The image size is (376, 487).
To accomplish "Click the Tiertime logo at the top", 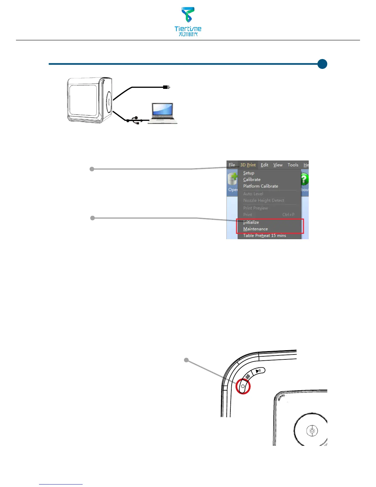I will [188, 21].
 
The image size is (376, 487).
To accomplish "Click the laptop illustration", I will [162, 113].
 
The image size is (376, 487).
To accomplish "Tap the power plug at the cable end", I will [166, 87].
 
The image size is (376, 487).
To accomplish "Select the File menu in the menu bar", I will [232, 165].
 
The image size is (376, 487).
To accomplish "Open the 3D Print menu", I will [248, 165].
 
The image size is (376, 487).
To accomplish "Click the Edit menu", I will [264, 165].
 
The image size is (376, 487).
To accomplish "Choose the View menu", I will [278, 165].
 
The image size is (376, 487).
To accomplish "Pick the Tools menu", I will [293, 165].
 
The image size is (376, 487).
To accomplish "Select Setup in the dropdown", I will [249, 173].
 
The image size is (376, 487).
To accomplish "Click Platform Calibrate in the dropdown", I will [260, 186].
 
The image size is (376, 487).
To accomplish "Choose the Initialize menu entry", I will [251, 222].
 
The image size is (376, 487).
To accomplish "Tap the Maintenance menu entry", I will [255, 229].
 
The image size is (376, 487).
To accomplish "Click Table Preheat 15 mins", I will [264, 236].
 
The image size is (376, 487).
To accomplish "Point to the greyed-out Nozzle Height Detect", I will [264, 200].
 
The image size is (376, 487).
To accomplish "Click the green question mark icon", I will [304, 179].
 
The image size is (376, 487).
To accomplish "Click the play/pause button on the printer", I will [258, 371].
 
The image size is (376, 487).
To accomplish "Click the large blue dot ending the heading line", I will [322, 64].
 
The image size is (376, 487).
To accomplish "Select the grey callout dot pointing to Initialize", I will [92, 218].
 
